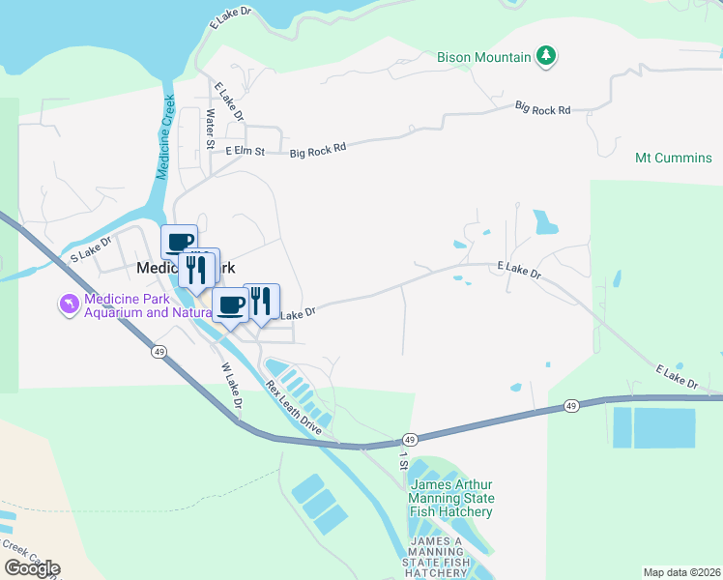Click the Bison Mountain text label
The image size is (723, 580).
484,57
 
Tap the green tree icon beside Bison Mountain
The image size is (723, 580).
548,56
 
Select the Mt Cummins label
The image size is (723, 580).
674,158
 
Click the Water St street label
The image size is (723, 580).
210,129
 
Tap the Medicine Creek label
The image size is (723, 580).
166,135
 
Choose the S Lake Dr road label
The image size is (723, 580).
92,248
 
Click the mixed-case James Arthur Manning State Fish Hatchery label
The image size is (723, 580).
451,498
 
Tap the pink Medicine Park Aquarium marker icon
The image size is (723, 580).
68,305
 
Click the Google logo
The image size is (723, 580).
31,567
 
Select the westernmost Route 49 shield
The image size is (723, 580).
157,352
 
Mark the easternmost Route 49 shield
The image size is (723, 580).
572,405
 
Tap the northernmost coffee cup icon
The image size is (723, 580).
180,242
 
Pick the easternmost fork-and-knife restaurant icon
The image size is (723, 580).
261,302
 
